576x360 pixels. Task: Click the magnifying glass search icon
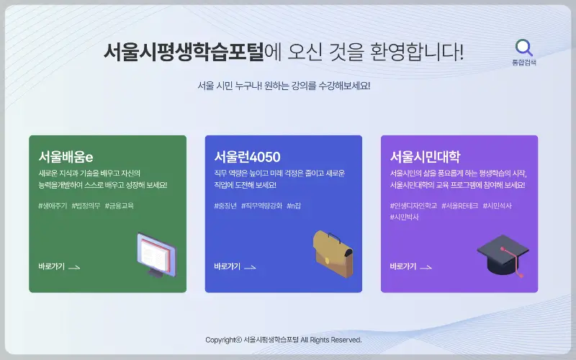524,48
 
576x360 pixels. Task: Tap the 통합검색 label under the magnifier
524,63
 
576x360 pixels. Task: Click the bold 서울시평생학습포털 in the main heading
184,53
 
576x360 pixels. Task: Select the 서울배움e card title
66,156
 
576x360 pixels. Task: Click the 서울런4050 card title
247,156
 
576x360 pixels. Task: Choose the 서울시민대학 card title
425,156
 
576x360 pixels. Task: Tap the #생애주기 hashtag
53,205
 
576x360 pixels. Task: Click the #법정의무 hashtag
86,205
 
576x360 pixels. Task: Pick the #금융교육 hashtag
120,205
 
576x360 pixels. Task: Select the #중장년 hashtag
225,205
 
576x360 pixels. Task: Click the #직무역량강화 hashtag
261,205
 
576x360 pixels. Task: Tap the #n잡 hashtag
294,205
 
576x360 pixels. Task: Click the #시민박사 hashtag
405,217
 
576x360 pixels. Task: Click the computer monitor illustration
156,255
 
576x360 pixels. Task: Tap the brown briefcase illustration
333,253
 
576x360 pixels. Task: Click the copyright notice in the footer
284,340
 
